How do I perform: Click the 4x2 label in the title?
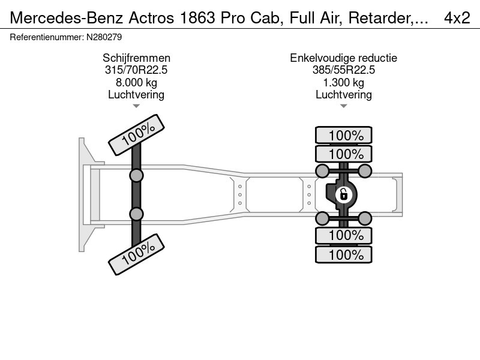(x=457, y=18)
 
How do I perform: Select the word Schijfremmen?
(x=136, y=58)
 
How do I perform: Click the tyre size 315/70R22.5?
(x=136, y=70)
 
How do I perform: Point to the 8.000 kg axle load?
(x=136, y=82)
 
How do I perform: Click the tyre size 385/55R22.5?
(x=344, y=70)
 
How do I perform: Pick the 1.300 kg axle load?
(x=344, y=82)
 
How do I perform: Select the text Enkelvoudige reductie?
(x=344, y=58)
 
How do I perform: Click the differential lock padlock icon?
(x=343, y=194)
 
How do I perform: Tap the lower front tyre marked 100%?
(x=136, y=254)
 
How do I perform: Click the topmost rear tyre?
(x=344, y=135)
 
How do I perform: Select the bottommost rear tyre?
(x=344, y=254)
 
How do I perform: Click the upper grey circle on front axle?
(x=137, y=175)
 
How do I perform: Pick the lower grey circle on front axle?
(x=137, y=214)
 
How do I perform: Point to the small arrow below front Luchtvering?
(x=136, y=106)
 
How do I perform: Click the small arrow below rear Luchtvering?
(x=344, y=106)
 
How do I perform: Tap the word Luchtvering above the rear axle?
(x=344, y=94)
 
